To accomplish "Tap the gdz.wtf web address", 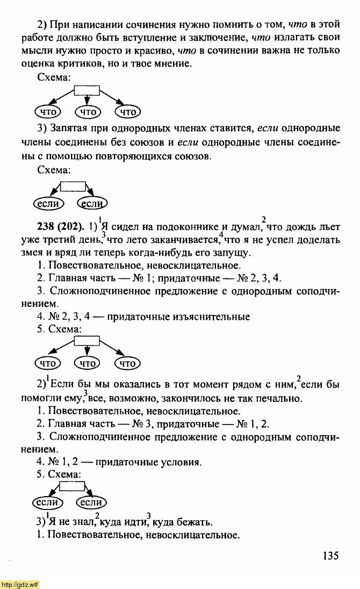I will point(20,584).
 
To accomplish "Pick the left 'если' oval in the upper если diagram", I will point(48,204).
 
